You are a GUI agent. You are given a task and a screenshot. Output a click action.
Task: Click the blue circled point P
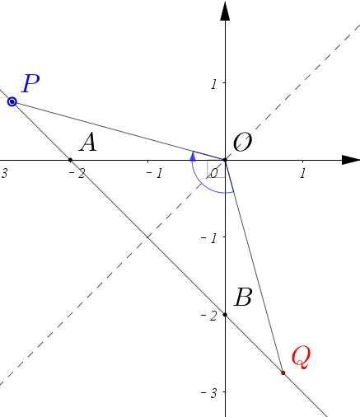(x=12, y=101)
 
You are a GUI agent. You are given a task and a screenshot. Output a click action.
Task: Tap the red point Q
(x=283, y=372)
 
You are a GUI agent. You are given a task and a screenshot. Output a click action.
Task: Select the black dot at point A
(x=70, y=160)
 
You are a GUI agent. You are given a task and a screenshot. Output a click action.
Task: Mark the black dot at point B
(x=225, y=315)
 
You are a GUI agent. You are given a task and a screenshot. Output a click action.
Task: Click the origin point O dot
(x=225, y=160)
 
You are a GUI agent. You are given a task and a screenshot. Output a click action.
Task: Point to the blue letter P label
(x=30, y=83)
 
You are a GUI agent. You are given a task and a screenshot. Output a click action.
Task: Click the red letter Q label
(x=301, y=357)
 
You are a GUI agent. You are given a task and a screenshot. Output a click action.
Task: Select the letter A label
(x=88, y=143)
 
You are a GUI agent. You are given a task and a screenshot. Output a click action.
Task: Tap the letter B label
(x=243, y=297)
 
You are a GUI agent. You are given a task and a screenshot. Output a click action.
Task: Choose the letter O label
(x=242, y=142)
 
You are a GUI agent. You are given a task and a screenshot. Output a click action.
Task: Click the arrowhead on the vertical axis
(x=225, y=11)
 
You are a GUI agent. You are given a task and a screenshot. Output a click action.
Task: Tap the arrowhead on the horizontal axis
(x=351, y=160)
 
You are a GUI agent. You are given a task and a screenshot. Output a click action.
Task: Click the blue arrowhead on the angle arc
(x=193, y=156)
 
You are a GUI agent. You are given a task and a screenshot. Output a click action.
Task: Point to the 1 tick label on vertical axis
(x=214, y=84)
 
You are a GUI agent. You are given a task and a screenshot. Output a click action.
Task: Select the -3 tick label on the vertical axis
(x=209, y=394)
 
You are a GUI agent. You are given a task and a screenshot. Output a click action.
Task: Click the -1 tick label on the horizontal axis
(x=155, y=174)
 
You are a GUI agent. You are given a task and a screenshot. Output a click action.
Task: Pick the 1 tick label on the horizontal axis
(x=302, y=173)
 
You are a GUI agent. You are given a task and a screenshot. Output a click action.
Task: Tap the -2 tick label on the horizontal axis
(x=77, y=174)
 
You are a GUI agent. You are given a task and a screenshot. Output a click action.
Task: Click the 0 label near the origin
(x=213, y=174)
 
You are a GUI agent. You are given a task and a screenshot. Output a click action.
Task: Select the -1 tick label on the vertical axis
(x=209, y=238)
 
